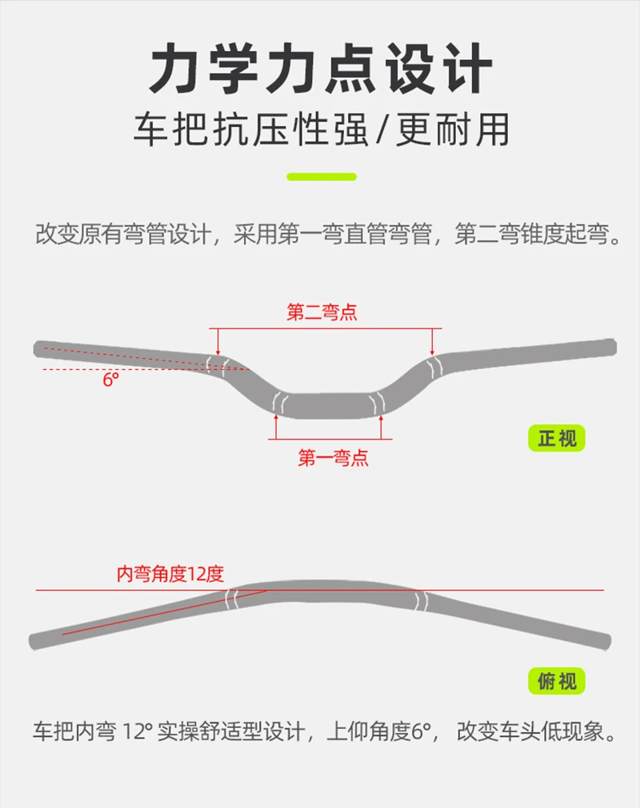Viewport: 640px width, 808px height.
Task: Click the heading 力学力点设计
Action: pos(320,69)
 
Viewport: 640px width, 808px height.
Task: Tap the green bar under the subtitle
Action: pos(322,177)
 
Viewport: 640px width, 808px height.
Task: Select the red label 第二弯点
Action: pos(322,312)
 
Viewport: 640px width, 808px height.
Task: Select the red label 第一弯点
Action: pos(333,458)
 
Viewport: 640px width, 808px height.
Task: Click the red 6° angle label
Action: pos(110,380)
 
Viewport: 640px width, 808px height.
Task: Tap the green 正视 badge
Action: pos(557,438)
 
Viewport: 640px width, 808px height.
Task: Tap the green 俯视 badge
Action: pos(557,681)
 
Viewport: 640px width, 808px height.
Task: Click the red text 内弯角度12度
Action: pos(170,574)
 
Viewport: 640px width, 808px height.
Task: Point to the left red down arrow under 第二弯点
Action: pos(218,341)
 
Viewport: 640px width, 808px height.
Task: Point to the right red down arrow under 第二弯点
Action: pos(432,341)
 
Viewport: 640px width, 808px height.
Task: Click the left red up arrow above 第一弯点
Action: pos(276,427)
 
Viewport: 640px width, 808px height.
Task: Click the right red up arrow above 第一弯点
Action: pos(381,427)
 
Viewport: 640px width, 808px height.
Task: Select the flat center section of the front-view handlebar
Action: pos(327,405)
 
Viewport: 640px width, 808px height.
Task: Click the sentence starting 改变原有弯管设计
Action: pos(329,234)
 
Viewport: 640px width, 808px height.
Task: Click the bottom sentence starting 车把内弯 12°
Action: pos(325,731)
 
